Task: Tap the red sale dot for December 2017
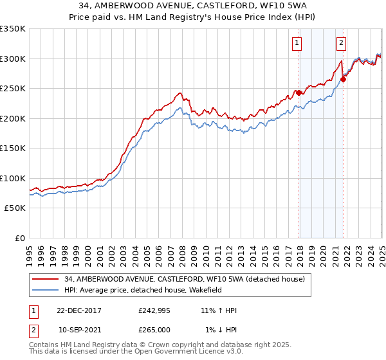pyautogui.click(x=299, y=93)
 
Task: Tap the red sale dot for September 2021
pyautogui.click(x=343, y=80)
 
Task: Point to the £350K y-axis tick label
pyautogui.click(x=13, y=29)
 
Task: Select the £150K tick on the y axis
pyautogui.click(x=13, y=148)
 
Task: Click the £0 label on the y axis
pyautogui.click(x=19, y=239)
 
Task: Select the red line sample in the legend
pyautogui.click(x=46, y=278)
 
